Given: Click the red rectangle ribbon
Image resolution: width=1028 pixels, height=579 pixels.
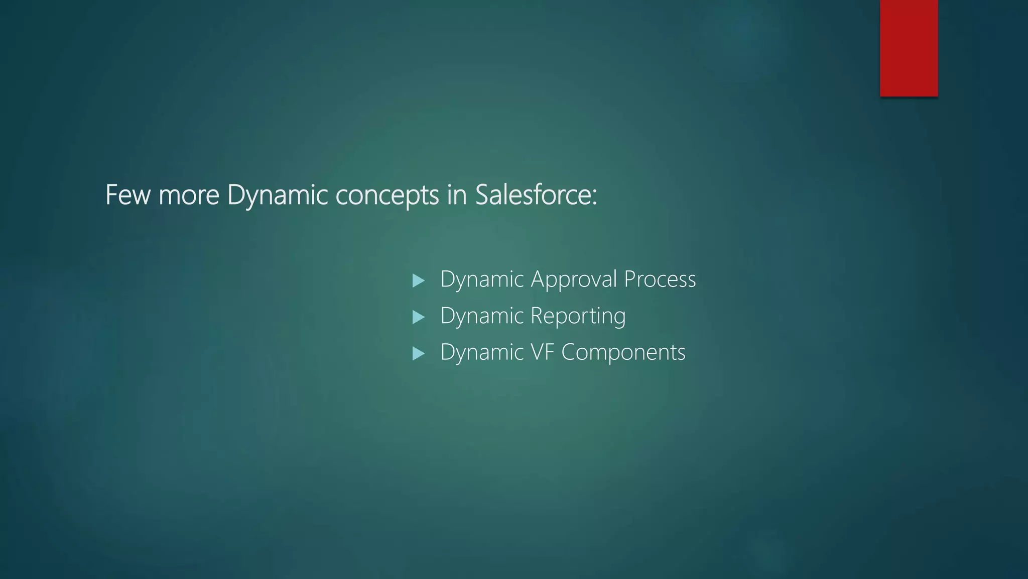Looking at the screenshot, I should pyautogui.click(x=909, y=48).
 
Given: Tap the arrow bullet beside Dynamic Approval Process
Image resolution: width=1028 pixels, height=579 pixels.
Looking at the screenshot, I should pyautogui.click(x=418, y=280).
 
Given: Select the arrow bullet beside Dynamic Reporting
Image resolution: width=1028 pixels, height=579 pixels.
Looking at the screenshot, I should pyautogui.click(x=418, y=317).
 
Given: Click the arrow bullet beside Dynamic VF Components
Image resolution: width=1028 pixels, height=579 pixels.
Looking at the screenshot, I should pyautogui.click(x=418, y=354).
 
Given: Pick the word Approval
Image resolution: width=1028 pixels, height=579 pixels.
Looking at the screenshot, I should pyautogui.click(x=574, y=279).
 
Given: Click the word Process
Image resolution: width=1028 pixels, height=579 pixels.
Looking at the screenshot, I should pyautogui.click(x=660, y=279).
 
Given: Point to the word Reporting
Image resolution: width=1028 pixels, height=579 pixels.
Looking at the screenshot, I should pyautogui.click(x=578, y=316).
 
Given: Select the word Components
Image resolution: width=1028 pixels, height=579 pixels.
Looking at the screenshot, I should pyautogui.click(x=623, y=352).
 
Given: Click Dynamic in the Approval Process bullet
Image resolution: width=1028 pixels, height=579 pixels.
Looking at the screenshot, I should pyautogui.click(x=482, y=279).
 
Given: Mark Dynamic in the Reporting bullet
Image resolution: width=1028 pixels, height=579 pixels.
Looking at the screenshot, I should pyautogui.click(x=482, y=316).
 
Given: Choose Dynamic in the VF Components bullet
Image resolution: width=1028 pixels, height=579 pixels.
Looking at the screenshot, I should pyautogui.click(x=482, y=352).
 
